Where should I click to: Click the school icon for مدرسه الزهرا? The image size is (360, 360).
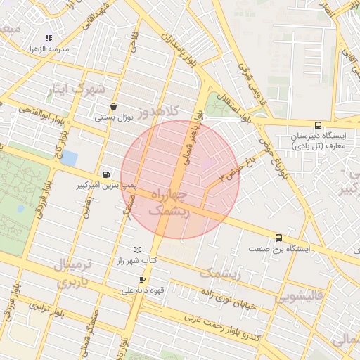(49, 38)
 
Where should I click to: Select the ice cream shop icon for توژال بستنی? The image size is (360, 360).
(114, 106)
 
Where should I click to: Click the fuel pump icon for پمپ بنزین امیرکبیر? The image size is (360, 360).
(106, 174)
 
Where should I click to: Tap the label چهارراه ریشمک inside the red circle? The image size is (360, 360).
(169, 202)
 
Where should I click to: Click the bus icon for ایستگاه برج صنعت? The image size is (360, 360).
(279, 238)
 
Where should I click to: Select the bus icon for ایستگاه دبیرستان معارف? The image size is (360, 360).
(319, 125)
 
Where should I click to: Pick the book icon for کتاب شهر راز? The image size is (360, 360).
(137, 250)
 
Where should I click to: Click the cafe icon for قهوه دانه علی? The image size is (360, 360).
(142, 279)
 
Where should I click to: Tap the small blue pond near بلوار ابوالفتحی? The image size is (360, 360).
(69, 158)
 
